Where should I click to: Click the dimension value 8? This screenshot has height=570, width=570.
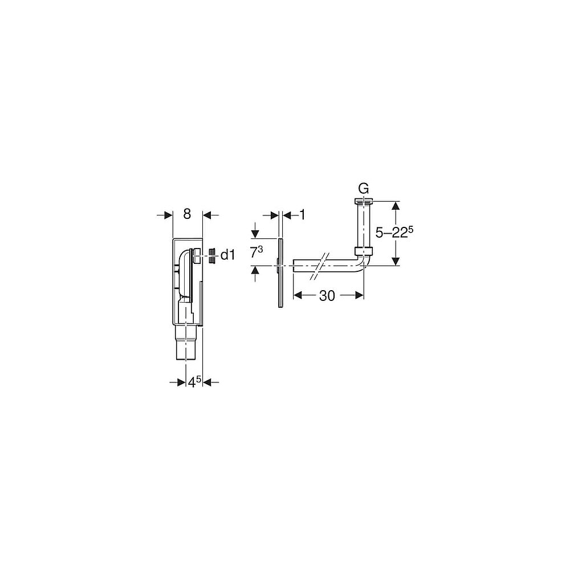pos(187,214)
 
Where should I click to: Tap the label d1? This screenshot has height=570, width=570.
pos(227,255)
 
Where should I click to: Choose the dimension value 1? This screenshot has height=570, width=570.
pos(303,214)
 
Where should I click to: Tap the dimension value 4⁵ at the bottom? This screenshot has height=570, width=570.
pos(195,382)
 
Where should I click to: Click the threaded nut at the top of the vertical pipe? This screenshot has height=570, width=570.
pos(363,201)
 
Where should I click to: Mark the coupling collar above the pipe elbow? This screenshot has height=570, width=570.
pos(363,251)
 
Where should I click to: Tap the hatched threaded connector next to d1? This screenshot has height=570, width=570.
pos(211,256)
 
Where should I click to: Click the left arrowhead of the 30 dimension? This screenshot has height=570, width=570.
pos(297,295)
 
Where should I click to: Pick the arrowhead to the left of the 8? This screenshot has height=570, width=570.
pos(168,215)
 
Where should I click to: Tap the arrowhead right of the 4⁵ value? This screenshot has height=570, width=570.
pos(208,382)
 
